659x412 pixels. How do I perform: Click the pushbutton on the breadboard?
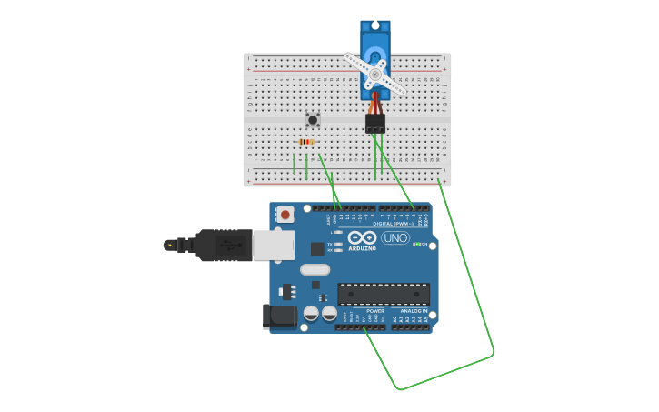[x=313, y=119]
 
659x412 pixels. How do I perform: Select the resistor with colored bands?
[x=306, y=142]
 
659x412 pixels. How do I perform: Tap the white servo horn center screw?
[x=374, y=74]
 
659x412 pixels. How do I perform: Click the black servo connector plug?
[x=374, y=123]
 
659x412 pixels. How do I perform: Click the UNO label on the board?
[x=395, y=237]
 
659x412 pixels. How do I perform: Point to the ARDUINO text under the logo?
[x=362, y=248]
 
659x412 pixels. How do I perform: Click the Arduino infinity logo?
[x=362, y=237]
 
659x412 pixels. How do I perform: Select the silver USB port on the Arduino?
[x=273, y=245]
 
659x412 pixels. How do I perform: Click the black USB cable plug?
[x=223, y=245]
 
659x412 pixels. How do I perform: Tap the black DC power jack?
[x=278, y=316]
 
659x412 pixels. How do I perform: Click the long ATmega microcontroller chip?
[x=384, y=294]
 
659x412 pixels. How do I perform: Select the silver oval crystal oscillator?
[x=315, y=269]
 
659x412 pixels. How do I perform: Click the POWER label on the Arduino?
[x=375, y=311]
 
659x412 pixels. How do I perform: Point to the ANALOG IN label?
[x=414, y=311]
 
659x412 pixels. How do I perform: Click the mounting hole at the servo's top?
[x=374, y=25]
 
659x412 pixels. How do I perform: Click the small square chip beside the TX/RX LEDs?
[x=316, y=248]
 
